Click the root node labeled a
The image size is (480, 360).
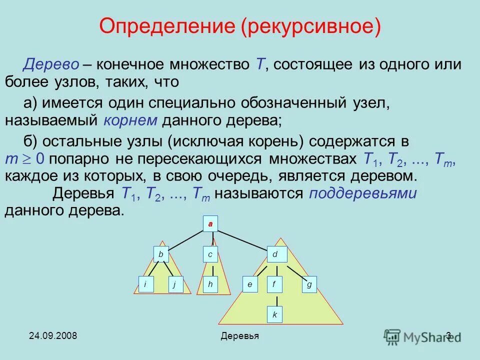(x=210, y=224)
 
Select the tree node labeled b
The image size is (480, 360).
(x=161, y=254)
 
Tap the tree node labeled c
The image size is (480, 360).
(x=210, y=254)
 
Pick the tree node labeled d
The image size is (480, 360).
(x=276, y=254)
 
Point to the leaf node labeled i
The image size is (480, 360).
(x=145, y=284)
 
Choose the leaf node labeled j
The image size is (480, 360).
(x=175, y=284)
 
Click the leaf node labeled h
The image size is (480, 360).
(x=210, y=284)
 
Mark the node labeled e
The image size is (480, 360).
(x=249, y=284)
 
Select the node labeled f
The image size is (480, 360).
(x=274, y=284)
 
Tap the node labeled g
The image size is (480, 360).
(x=309, y=284)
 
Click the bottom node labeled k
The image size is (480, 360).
(x=274, y=315)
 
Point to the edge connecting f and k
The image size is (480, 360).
(x=274, y=299)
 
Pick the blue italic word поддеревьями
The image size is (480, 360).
(x=362, y=193)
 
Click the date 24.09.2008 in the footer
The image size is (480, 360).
(x=52, y=335)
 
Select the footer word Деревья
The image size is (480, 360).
(x=239, y=336)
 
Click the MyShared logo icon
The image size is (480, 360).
(x=392, y=336)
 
